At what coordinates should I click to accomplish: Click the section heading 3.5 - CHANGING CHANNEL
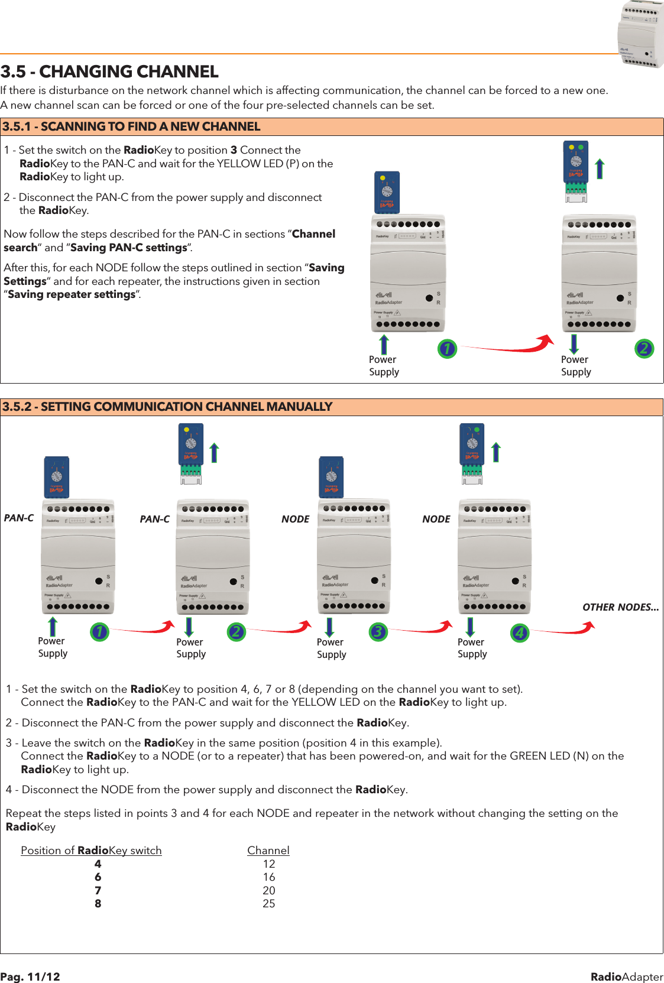109,72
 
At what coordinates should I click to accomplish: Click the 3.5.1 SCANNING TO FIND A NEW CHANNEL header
131,126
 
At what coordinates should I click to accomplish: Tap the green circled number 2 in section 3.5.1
644,348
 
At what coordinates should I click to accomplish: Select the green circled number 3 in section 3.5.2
378,632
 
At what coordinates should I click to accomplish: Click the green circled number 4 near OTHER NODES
519,633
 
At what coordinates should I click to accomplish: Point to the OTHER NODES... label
620,607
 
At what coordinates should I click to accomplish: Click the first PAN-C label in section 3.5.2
19,518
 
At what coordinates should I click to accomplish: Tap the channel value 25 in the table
268,903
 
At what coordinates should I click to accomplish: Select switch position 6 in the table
98,877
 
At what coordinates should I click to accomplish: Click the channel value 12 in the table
268,864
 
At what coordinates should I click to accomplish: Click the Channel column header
268,850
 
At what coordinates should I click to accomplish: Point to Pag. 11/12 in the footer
30,976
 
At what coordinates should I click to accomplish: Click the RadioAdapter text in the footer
627,976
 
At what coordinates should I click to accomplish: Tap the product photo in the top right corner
641,34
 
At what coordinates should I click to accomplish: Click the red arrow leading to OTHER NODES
565,630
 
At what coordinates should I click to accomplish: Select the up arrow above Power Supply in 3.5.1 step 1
384,345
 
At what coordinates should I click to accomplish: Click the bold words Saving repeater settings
72,294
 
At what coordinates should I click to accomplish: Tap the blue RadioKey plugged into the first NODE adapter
331,476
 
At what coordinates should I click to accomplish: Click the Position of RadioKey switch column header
91,850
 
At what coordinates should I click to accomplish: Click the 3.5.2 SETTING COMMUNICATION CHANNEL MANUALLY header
167,407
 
